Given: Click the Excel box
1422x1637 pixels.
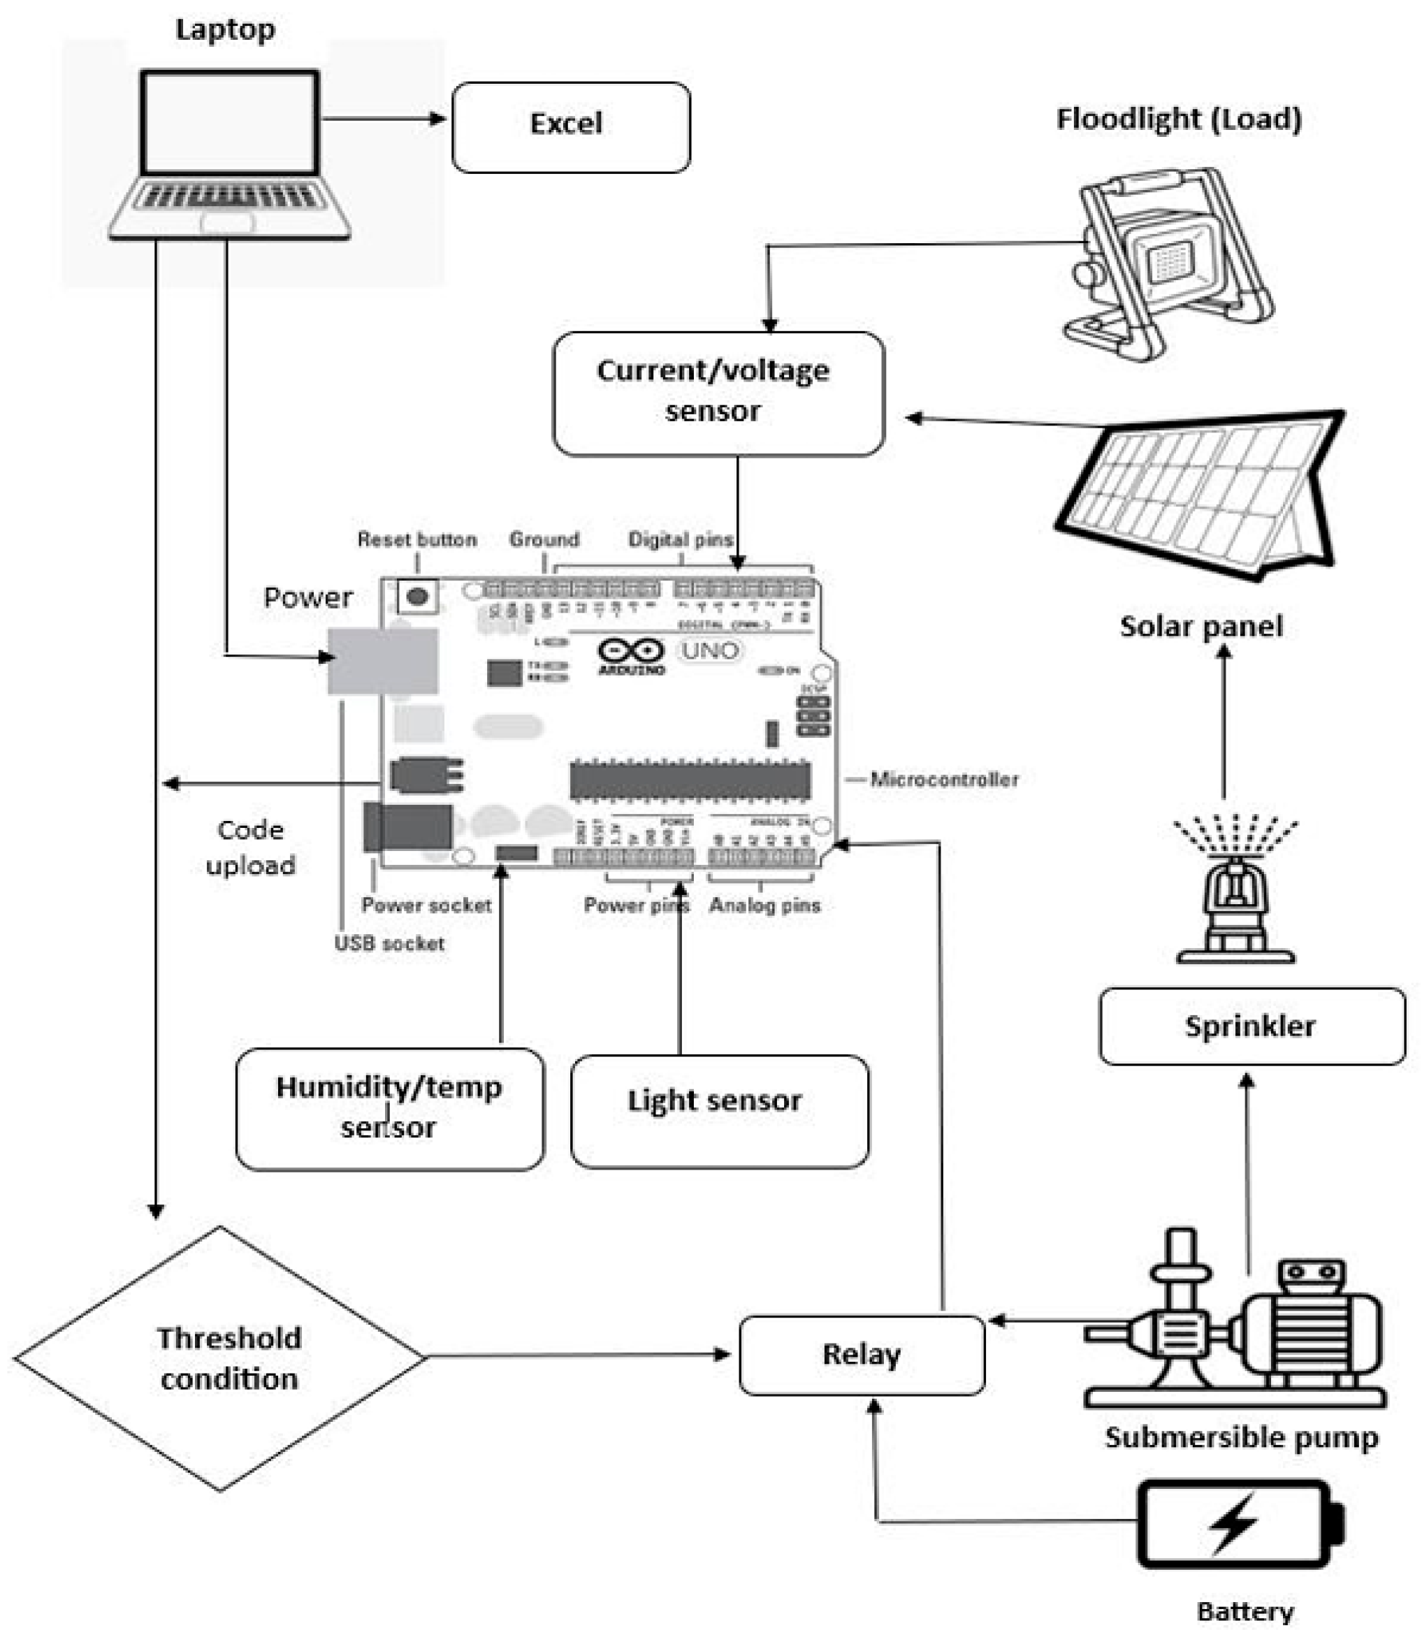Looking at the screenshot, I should pos(570,127).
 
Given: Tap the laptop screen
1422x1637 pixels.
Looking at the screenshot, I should pos(230,122).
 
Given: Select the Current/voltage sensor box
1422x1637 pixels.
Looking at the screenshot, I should pos(718,393).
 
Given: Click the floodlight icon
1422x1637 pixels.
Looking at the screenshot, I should pos(1166,262).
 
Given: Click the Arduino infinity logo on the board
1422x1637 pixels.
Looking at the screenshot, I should pos(631,650).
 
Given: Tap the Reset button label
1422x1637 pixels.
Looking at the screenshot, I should pos(416,539).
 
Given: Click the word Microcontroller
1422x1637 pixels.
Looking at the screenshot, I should pos(943,779).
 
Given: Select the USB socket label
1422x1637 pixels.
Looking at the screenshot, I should pos(389,943).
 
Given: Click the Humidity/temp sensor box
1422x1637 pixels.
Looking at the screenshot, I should pos(390,1109).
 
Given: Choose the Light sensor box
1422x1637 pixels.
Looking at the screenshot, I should pos(719,1110).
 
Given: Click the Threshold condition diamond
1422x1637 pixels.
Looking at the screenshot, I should pos(221,1358).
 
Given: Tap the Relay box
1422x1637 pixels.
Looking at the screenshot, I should pos(862,1355).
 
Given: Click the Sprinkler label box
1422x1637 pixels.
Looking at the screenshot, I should pos(1251,1026).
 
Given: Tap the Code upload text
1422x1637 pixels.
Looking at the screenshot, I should pos(250,847).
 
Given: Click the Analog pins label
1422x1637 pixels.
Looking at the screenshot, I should pos(764,905).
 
